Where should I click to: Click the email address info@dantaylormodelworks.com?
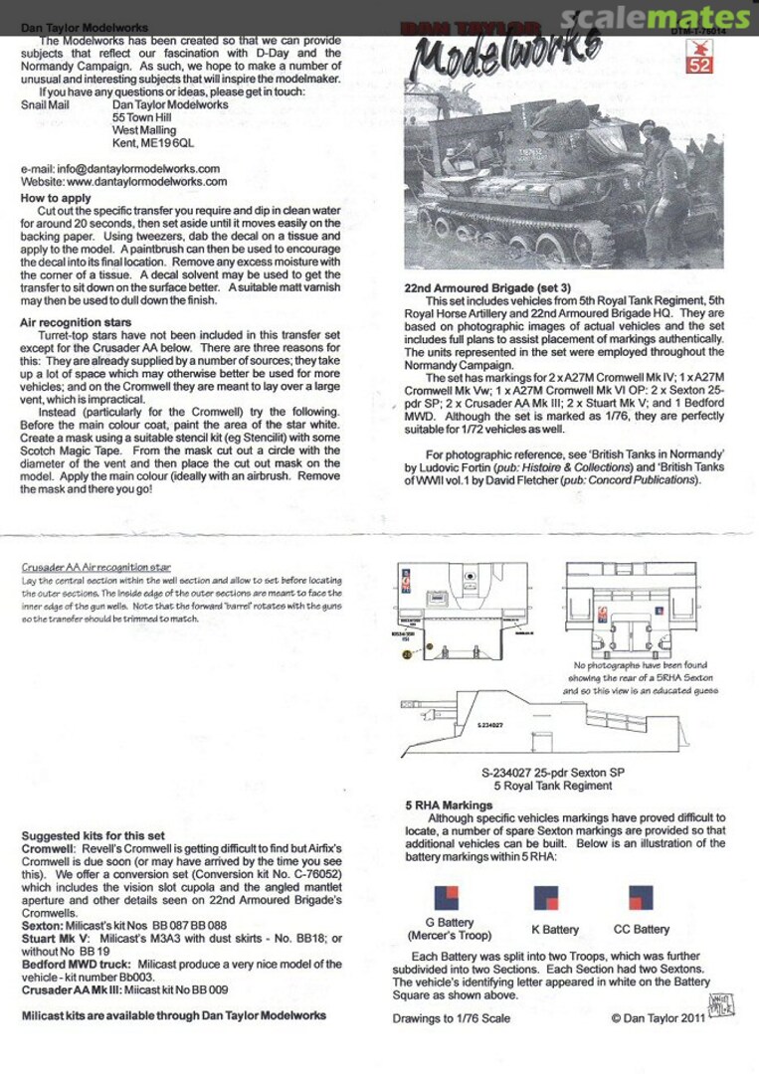click(x=119, y=169)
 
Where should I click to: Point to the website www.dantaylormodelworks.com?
click(x=123, y=182)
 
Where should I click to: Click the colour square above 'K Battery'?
click(x=546, y=899)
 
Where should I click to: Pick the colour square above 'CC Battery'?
click(x=641, y=898)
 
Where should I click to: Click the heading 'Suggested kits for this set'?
click(x=94, y=835)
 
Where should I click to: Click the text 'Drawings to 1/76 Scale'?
click(x=453, y=1017)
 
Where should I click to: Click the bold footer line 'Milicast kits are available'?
click(x=174, y=1015)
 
